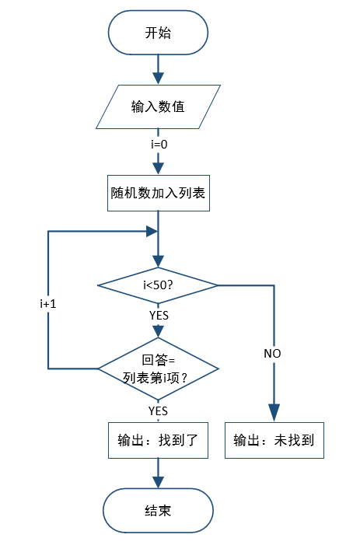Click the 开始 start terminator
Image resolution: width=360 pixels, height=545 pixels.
coord(158,33)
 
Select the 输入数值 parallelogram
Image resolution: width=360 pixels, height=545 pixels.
coord(158,107)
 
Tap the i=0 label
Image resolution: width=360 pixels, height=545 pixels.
coord(159,144)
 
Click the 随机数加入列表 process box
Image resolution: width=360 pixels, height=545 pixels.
coord(159,193)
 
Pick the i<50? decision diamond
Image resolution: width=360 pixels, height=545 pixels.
coord(158,285)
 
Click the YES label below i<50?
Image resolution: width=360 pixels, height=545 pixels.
coord(159,315)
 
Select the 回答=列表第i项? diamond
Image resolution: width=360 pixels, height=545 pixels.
coord(159,369)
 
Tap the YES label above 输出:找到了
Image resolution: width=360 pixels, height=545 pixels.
coord(158,410)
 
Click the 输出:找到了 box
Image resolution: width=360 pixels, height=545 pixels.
coord(158,440)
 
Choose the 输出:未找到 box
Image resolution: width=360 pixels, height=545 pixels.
coord(274,440)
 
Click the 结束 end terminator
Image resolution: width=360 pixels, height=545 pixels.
coord(158,511)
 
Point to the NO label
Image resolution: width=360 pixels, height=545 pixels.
coord(272,354)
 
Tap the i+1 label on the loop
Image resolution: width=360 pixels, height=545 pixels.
coord(48,304)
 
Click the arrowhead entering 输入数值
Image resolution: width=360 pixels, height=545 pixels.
coord(158,79)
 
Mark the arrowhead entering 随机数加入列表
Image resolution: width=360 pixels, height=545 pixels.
coord(158,169)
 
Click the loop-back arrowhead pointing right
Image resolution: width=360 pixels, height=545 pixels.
coord(152,231)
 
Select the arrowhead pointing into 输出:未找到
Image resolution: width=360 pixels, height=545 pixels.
coord(274,413)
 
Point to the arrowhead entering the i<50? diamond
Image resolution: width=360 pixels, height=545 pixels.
coord(158,262)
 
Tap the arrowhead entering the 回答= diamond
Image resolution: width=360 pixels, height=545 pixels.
coord(158,331)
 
